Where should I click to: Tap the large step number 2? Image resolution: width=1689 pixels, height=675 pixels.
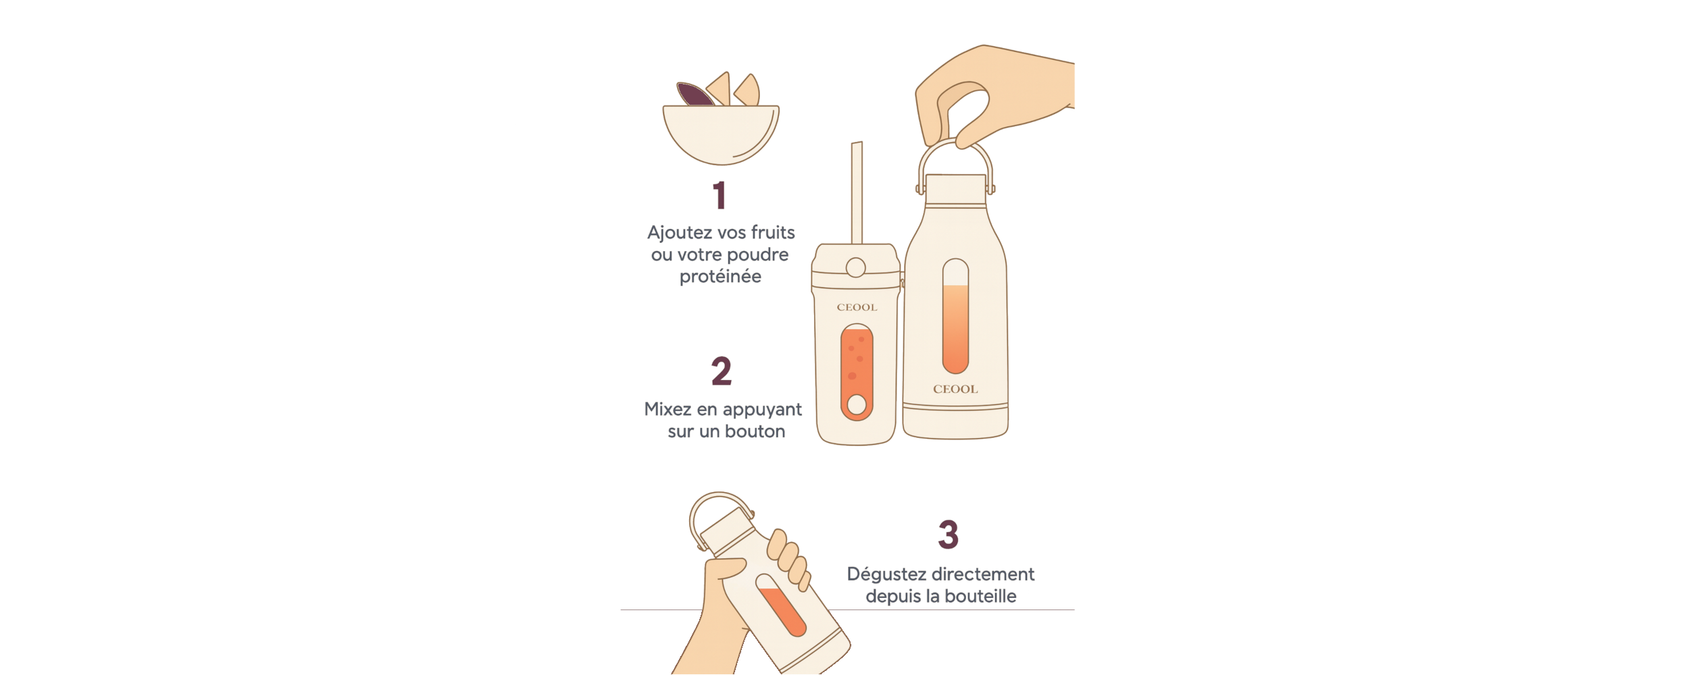coord(722,371)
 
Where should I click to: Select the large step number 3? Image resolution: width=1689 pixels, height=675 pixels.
coord(948,534)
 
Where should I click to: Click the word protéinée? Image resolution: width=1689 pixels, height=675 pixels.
coord(720,277)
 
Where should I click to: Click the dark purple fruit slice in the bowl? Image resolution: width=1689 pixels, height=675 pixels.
coord(694,94)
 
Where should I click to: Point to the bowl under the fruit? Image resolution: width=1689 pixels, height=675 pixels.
coord(721,134)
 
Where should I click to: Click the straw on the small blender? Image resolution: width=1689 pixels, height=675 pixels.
coord(857,192)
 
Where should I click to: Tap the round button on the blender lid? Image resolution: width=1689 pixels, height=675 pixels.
coord(855,268)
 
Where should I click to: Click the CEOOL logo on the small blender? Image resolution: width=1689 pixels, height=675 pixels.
coord(857,307)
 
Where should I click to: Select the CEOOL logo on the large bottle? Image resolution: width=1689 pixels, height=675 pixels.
coord(955,389)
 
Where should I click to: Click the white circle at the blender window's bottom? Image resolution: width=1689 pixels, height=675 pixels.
coord(857,404)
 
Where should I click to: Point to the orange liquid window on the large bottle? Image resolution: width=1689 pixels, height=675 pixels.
coord(955,328)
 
